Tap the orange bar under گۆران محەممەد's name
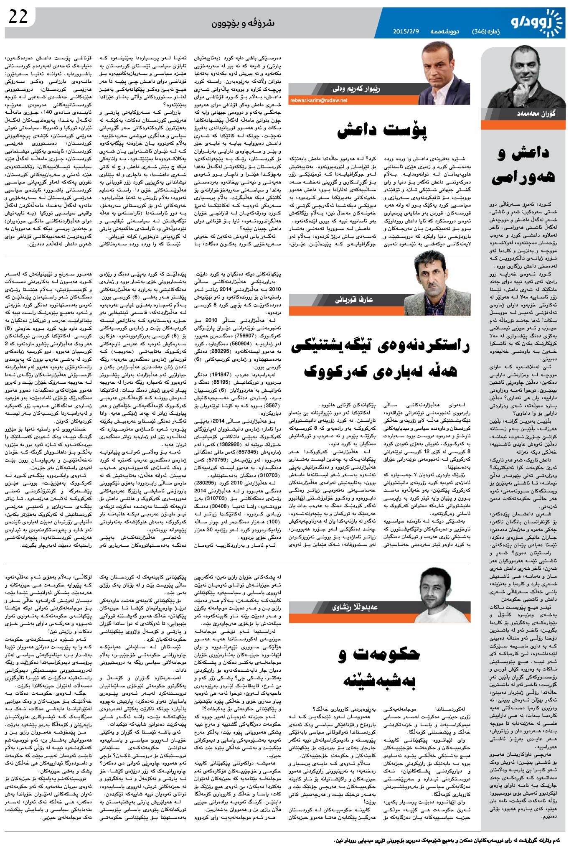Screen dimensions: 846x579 (523, 125)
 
